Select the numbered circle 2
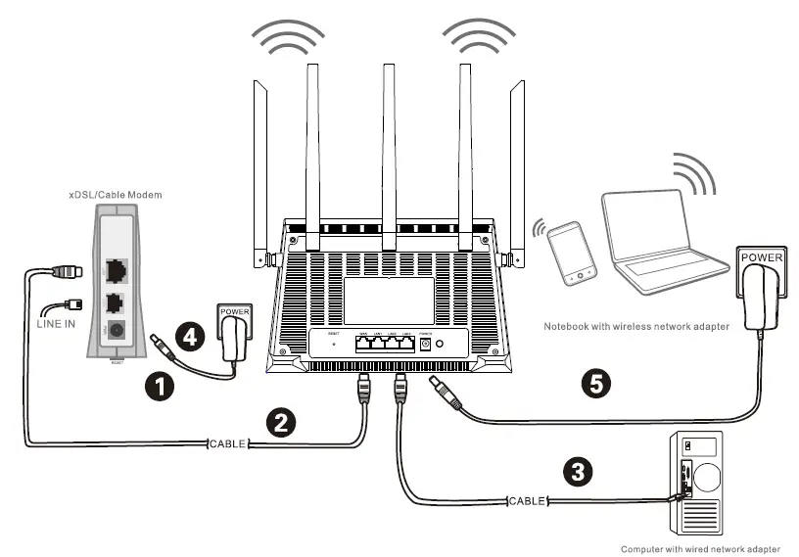281,423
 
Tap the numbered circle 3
581,472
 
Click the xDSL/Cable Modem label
117,196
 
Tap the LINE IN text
56,324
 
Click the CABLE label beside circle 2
227,444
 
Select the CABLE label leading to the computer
526,501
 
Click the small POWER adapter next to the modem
236,335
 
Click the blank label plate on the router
388,300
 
